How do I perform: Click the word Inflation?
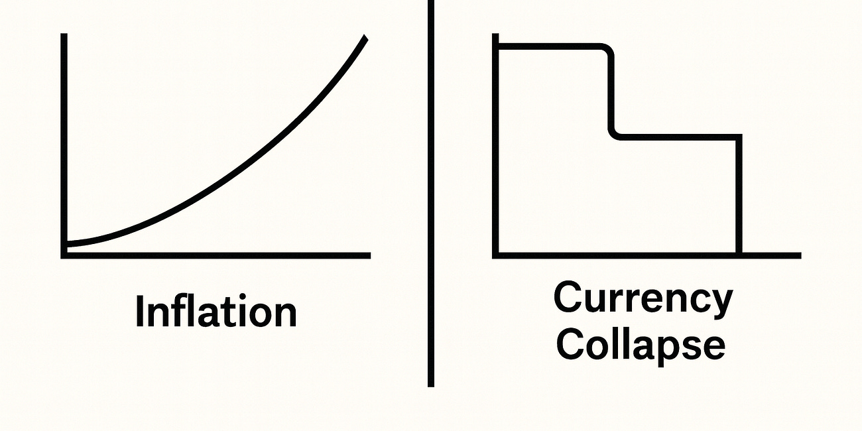(215, 312)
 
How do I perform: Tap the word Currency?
(643, 300)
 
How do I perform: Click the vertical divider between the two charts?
(431, 199)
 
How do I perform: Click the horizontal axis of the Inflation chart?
(219, 255)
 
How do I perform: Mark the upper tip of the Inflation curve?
(365, 37)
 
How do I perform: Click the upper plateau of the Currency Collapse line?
(550, 46)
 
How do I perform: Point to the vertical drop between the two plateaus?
(611, 93)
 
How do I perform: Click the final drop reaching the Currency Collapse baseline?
(739, 199)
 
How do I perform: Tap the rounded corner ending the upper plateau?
(607, 50)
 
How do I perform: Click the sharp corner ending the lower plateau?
(739, 137)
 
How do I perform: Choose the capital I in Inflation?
(140, 311)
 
